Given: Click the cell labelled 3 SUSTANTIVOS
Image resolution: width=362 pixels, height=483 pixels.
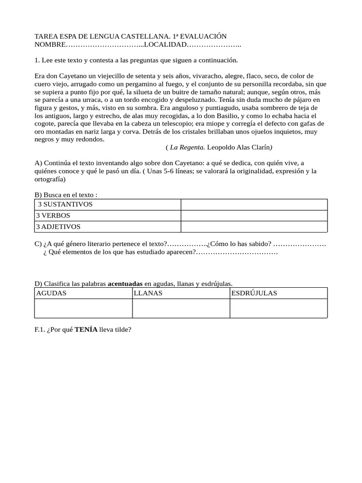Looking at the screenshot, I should click(65, 204).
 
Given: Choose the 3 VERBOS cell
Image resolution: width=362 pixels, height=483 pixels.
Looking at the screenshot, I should click(53, 216).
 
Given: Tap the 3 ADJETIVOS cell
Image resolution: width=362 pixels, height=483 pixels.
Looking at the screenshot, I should click(58, 227).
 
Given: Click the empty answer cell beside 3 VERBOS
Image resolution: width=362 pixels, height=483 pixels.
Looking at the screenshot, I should click(254, 216).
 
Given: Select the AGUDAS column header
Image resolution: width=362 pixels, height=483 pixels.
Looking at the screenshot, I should click(51, 293).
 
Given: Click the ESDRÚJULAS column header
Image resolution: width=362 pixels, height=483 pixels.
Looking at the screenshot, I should click(255, 293).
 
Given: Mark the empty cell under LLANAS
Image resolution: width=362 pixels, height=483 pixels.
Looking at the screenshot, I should click(181, 308).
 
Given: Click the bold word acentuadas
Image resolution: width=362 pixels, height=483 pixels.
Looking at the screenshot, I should click(125, 283).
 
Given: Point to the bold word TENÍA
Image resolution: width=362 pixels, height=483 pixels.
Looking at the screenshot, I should click(86, 330).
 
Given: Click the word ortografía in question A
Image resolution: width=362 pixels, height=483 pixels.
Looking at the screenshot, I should click(50, 179).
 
